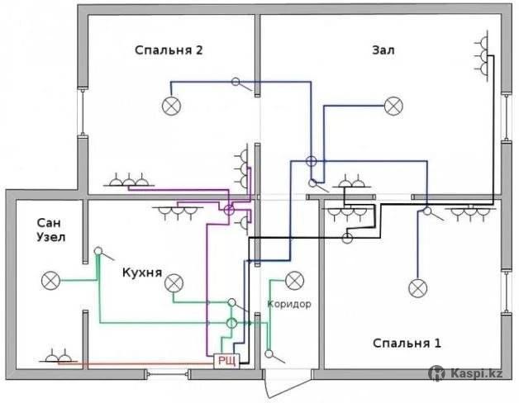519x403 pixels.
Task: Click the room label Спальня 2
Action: (169, 50)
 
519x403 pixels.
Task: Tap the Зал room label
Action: (383, 50)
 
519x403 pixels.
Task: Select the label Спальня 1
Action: (407, 343)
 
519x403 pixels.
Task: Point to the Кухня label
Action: (142, 273)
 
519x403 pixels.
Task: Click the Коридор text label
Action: (289, 304)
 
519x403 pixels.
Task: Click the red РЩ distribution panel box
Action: (226, 361)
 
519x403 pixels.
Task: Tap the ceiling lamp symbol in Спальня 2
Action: (171, 107)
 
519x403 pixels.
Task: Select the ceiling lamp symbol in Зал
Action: (393, 107)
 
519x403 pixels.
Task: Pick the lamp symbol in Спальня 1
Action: (417, 288)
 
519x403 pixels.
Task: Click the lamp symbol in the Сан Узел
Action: (50, 281)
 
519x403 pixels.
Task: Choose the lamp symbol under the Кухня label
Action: (174, 283)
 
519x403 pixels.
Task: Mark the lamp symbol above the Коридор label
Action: (294, 281)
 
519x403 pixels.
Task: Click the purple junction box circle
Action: (229, 210)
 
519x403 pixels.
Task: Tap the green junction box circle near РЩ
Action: (231, 323)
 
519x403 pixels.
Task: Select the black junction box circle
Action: (347, 238)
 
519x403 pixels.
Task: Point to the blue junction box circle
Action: (311, 161)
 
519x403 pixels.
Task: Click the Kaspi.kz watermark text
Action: (476, 374)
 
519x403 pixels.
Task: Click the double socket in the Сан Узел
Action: (58, 357)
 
